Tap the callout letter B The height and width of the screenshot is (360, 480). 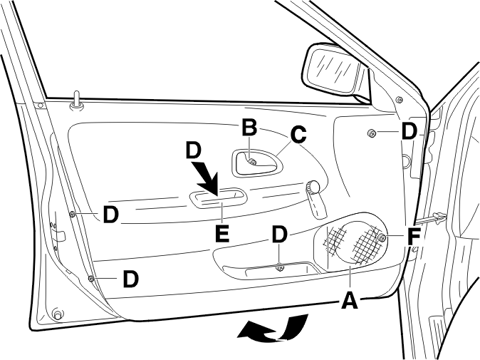click(249, 128)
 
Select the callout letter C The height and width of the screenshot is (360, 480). click(298, 135)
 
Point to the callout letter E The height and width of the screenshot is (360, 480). click(222, 234)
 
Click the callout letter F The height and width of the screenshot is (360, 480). click(414, 237)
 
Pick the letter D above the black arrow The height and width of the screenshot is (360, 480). click(194, 150)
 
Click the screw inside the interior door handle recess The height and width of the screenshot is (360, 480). click(252, 161)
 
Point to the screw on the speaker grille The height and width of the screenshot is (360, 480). click(382, 237)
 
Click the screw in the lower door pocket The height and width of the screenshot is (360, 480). click(279, 267)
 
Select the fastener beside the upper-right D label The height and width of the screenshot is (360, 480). click(371, 133)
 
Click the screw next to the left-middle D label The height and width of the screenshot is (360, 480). click(73, 214)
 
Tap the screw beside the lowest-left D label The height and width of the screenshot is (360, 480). click(91, 278)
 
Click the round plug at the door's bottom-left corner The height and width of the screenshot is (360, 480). click(57, 314)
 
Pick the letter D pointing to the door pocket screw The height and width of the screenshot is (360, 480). click(279, 235)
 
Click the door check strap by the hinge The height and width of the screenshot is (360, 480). click(431, 218)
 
